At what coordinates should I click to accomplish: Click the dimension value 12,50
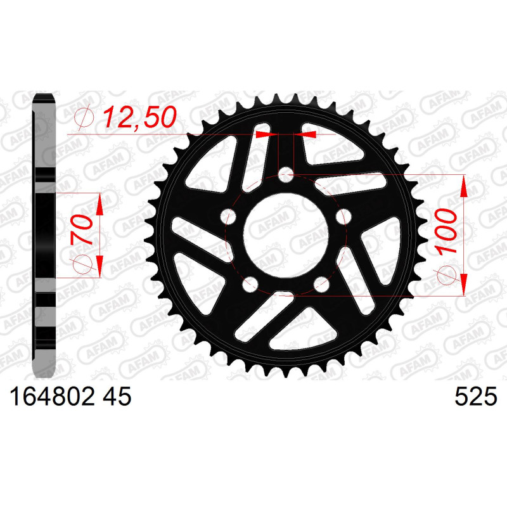click(139, 117)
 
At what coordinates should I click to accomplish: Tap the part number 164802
click(53, 397)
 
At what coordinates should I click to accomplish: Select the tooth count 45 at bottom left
click(117, 397)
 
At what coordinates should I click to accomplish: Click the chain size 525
click(476, 397)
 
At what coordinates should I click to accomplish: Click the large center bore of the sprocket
click(286, 235)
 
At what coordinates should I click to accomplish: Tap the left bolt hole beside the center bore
click(228, 217)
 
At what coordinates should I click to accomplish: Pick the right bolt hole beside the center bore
click(343, 217)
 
